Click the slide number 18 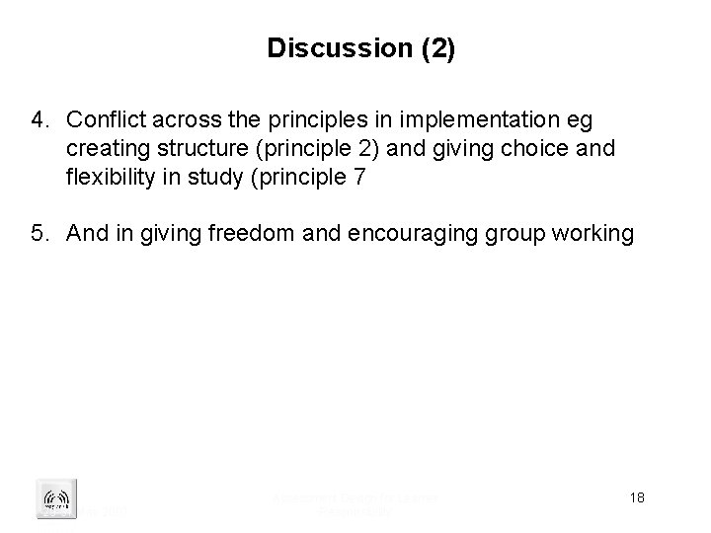pyautogui.click(x=637, y=496)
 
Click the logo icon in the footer pyautogui.click(x=50, y=495)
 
